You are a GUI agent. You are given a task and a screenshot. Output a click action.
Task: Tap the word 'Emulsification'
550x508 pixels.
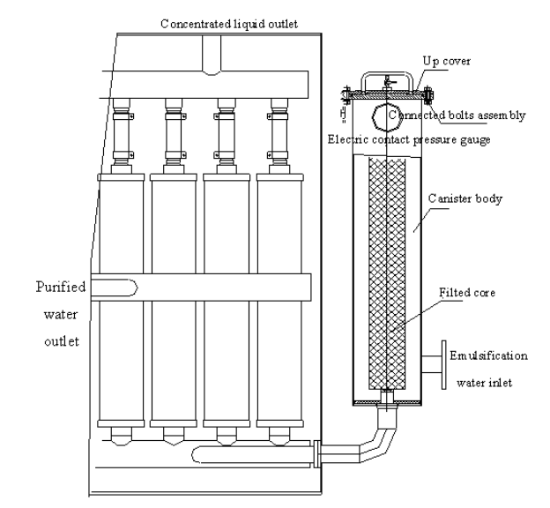point(487,356)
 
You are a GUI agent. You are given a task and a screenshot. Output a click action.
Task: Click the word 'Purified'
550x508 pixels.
point(56,286)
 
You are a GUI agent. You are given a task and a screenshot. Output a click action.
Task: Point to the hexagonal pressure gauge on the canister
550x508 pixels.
point(384,116)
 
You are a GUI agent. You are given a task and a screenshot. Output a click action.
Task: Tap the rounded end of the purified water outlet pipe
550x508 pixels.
point(130,287)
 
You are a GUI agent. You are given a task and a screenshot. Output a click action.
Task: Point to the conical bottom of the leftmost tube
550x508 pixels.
point(123,436)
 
